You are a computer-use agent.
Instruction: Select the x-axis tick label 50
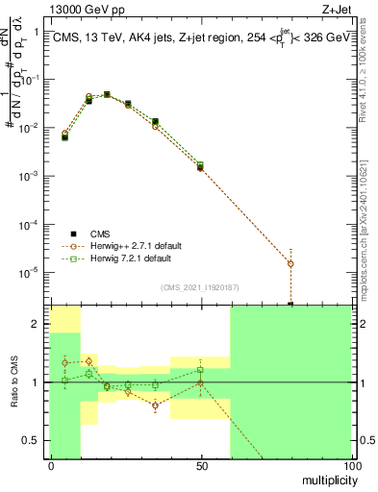coord(200,465)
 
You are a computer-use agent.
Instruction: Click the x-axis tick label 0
coord(50,465)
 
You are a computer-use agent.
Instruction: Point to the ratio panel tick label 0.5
coord(31,442)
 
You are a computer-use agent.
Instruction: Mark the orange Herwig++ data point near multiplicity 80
coord(290,263)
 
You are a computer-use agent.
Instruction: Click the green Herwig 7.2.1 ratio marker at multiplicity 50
coord(200,370)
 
